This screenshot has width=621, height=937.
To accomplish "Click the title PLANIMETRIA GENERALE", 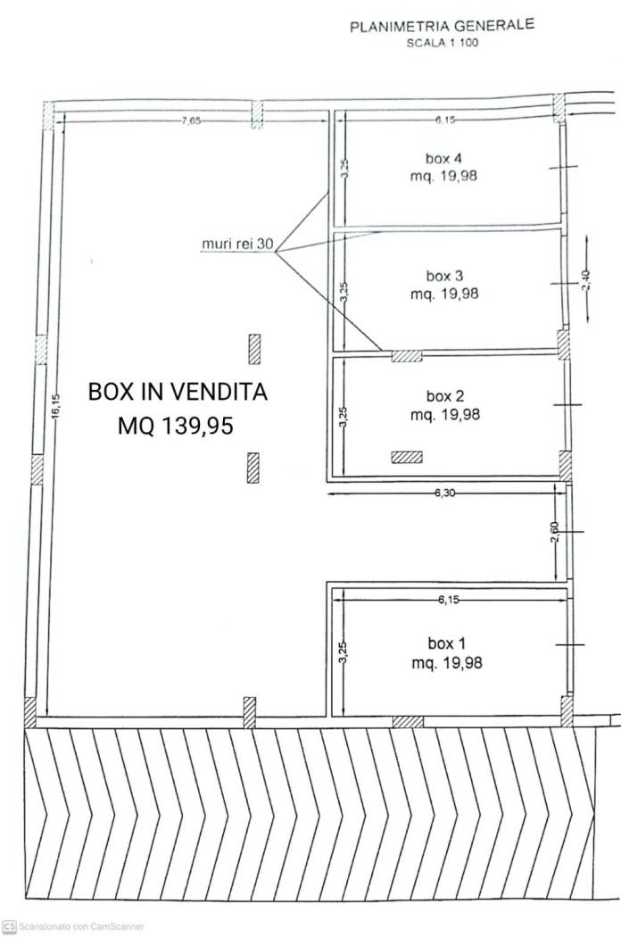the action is point(442,26).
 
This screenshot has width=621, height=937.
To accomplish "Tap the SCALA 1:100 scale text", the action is point(443,43).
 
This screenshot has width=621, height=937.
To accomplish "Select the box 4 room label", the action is point(443,158).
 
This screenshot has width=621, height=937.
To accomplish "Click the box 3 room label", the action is point(444,276).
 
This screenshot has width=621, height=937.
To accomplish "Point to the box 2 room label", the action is point(444,395).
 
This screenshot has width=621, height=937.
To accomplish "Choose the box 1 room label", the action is point(446,643).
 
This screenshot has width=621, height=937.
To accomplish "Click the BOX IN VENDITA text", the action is point(178,392).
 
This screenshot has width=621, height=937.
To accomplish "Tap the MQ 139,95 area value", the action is point(175,426).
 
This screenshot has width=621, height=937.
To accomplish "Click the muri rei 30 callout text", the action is point(237,244).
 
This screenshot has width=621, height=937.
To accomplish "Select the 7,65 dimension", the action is point(191,120).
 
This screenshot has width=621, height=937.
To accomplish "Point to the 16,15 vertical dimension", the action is point(55,407).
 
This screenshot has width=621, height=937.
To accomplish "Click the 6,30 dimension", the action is point(444,493).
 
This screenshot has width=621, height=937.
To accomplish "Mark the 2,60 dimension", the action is point(554,532).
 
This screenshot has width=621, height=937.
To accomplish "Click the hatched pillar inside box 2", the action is point(407,457).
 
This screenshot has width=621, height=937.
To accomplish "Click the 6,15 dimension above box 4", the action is point(445,120).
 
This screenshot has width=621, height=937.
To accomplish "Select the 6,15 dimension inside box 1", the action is point(449,600).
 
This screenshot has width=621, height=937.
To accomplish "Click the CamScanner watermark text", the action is point(81,926).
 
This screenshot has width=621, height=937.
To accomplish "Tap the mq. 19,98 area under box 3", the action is point(444,294).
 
